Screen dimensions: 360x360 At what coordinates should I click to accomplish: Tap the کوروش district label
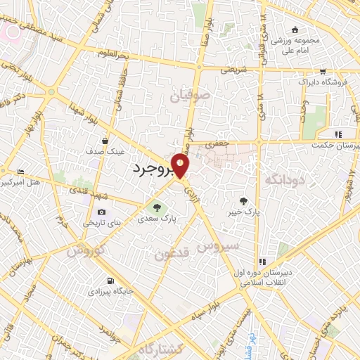[86, 250]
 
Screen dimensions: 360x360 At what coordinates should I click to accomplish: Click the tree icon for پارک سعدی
[157, 208]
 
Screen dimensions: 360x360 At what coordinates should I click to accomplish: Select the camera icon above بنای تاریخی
[102, 212]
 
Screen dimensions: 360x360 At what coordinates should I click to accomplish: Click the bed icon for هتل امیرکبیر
[20, 172]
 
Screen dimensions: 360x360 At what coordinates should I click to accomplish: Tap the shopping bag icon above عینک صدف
[105, 141]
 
